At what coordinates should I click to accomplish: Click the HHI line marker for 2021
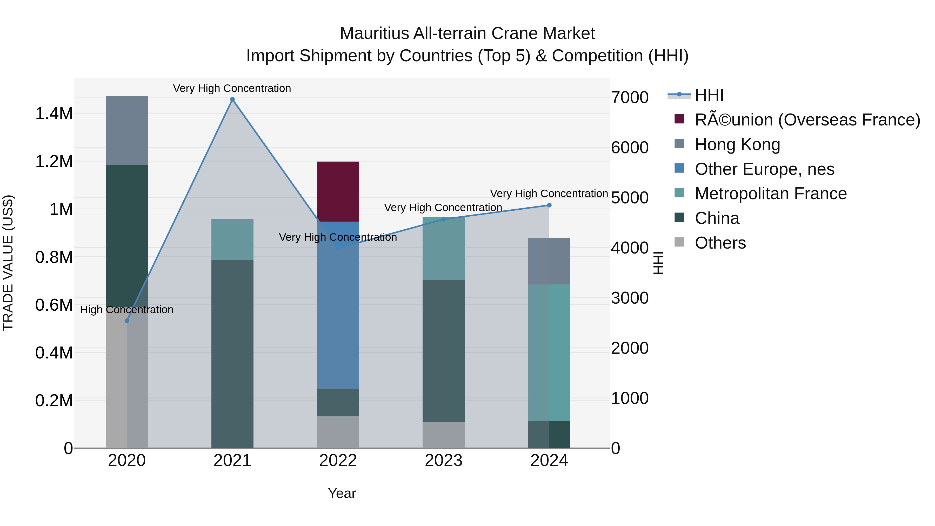point(232,99)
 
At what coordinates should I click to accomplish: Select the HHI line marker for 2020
point(127,321)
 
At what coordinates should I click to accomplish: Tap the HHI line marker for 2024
point(549,205)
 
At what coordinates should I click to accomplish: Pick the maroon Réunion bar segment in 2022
point(338,191)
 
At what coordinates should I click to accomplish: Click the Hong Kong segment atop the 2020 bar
point(127,130)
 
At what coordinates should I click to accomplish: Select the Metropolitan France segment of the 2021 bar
point(232,239)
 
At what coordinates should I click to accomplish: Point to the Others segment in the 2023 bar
point(444,435)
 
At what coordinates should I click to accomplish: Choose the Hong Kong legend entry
point(737,144)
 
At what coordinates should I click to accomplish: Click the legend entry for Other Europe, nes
point(764,169)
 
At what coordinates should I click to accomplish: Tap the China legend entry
point(717,218)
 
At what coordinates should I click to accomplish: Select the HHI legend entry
point(709,95)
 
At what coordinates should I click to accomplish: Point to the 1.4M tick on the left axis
point(54,114)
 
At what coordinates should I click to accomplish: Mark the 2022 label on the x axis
point(338,461)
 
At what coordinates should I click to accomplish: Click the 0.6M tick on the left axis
point(54,305)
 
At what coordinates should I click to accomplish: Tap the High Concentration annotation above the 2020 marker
point(127,310)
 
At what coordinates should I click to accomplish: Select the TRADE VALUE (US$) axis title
point(8,263)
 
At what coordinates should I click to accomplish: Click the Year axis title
point(342,493)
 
